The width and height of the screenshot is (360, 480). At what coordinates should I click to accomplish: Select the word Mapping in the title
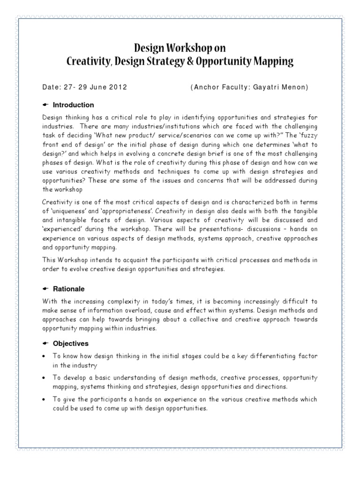[x=273, y=61]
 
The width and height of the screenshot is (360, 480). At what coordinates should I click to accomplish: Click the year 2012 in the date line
[x=118, y=88]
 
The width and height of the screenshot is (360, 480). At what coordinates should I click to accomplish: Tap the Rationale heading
[x=69, y=289]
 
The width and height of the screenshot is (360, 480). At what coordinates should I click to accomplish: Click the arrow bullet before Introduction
[x=45, y=105]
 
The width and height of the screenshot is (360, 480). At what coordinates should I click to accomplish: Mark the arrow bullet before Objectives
[x=45, y=343]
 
